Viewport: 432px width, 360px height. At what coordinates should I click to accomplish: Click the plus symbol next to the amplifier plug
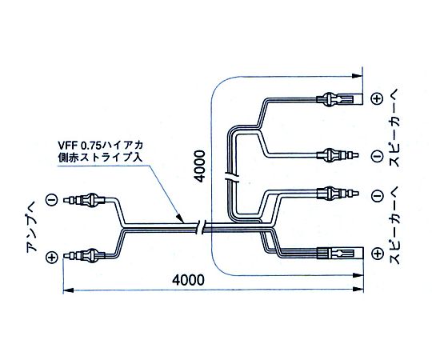tap(51, 257)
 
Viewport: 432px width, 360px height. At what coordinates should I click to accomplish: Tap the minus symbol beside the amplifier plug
tap(51, 200)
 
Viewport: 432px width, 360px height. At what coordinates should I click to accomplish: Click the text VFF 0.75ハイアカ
tap(101, 145)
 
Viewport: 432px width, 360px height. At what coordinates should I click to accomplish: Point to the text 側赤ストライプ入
tap(100, 158)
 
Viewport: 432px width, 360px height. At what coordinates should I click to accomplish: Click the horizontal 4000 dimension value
tap(189, 280)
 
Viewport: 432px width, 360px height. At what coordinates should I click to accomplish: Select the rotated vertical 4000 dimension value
tap(200, 166)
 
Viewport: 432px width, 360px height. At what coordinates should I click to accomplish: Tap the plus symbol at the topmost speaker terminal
tap(377, 98)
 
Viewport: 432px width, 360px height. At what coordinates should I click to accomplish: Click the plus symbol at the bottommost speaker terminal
tap(377, 254)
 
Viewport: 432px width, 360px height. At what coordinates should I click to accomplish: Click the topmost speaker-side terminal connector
tap(339, 99)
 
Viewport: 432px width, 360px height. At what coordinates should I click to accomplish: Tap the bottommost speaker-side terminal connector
tap(340, 253)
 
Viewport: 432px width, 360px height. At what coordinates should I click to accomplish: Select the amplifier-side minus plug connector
tap(85, 200)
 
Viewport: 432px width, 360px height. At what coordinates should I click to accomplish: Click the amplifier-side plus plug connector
tap(85, 255)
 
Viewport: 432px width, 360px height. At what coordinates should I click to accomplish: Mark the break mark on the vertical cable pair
tap(232, 176)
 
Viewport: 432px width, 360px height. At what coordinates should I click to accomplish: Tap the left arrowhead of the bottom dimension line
tap(68, 290)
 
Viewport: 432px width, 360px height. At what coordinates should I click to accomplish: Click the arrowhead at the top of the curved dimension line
tap(357, 76)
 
